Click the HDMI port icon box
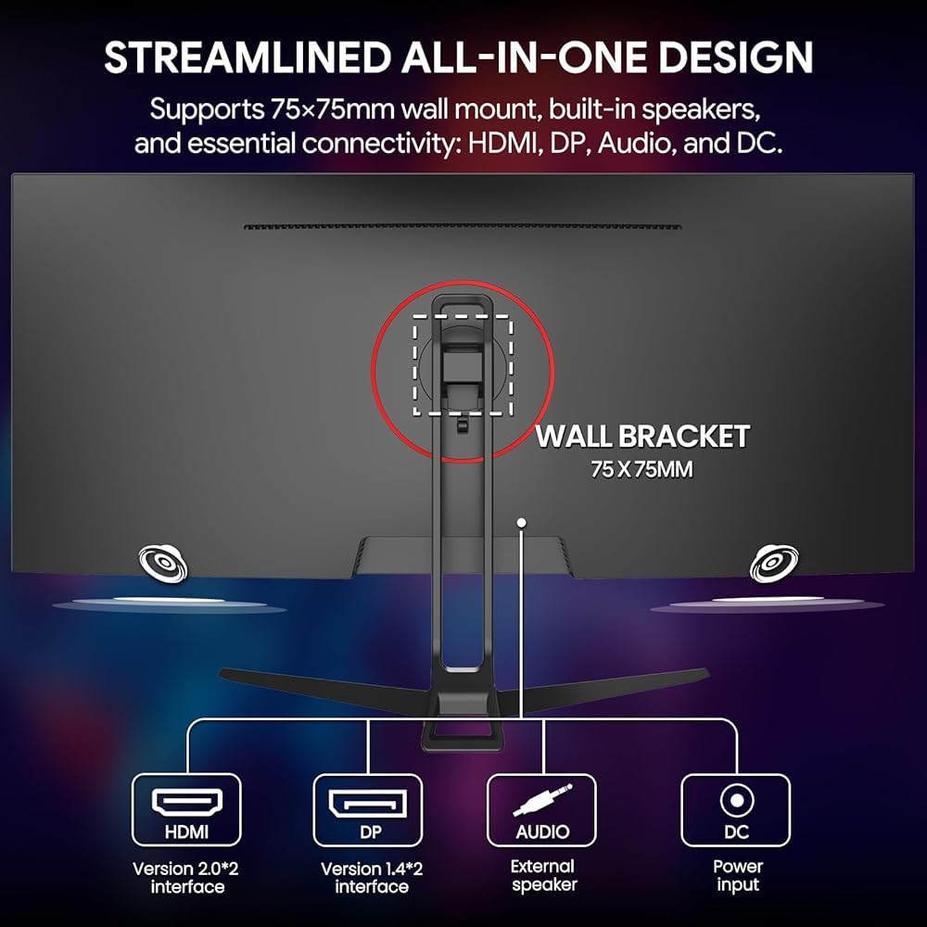(x=186, y=810)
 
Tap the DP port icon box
(x=368, y=810)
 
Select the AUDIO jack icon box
(x=541, y=810)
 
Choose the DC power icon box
(x=735, y=810)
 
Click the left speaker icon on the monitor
(x=164, y=563)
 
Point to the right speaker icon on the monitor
(x=774, y=563)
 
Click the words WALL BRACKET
(x=642, y=437)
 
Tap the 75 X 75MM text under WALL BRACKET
(x=642, y=469)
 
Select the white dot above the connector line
(x=521, y=522)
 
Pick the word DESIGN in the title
(x=735, y=57)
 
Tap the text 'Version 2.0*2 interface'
(x=186, y=877)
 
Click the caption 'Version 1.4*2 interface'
(x=372, y=877)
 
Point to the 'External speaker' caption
(x=543, y=875)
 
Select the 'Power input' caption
(x=738, y=875)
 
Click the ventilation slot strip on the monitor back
(x=463, y=226)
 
